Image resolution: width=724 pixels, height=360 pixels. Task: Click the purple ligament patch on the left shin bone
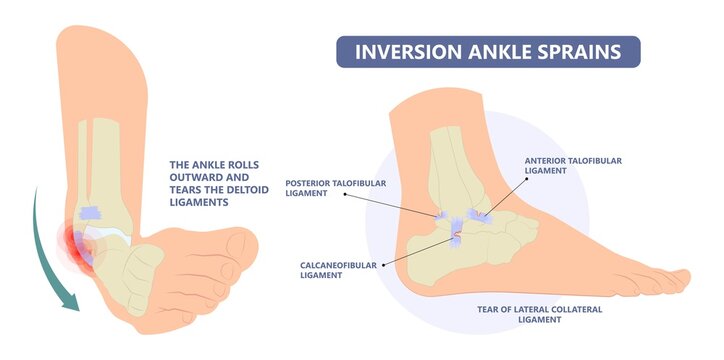90,212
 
